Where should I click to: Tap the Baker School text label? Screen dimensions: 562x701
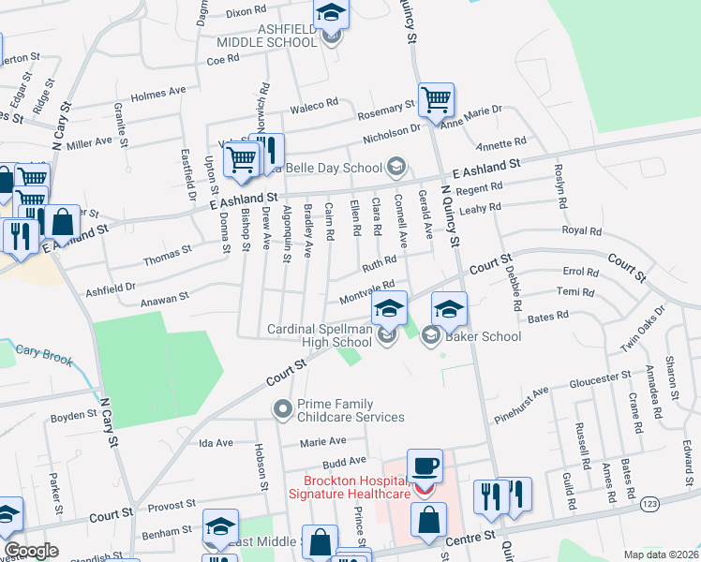click(x=483, y=336)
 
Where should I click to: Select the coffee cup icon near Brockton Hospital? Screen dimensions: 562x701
click(x=425, y=466)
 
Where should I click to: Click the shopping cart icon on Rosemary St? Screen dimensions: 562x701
click(x=437, y=99)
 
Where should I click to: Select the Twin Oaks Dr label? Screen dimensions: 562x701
click(x=642, y=329)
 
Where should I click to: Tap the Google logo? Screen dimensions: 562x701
click(x=31, y=551)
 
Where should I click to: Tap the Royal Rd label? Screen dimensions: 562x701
click(x=581, y=229)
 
